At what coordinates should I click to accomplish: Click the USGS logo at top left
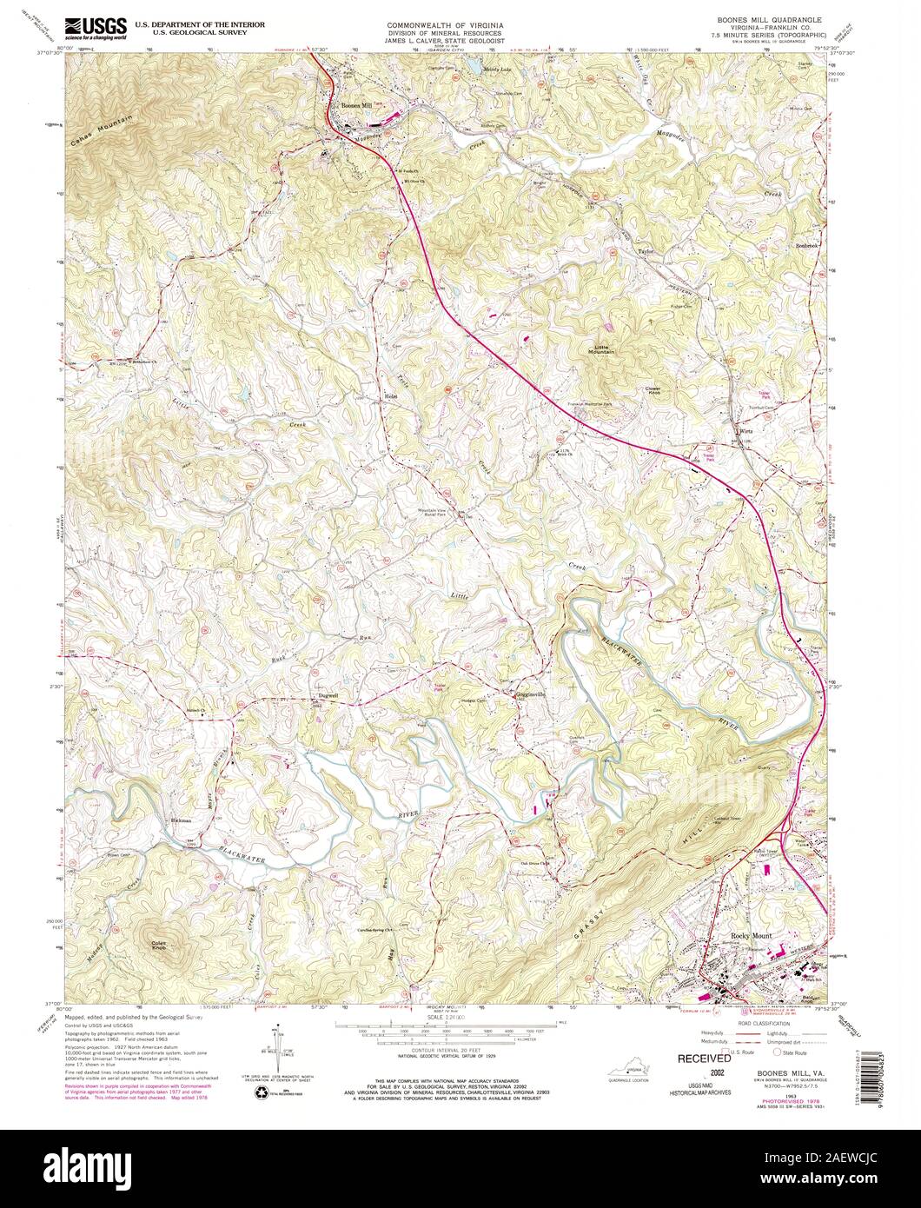coord(93,27)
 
